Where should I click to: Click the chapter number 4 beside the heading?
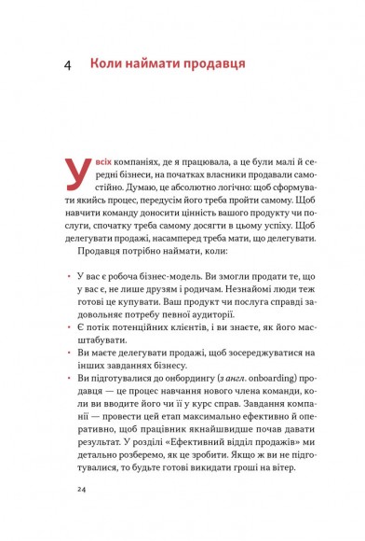click(x=69, y=66)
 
